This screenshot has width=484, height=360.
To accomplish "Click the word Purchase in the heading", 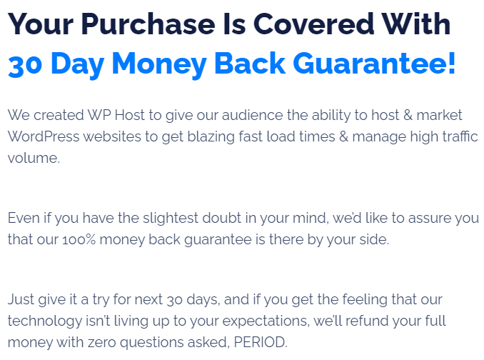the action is pyautogui.click(x=148, y=24).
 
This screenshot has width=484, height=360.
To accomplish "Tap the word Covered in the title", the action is pyautogui.click(x=314, y=24).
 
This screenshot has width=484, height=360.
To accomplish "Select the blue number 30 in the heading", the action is pyautogui.click(x=25, y=65).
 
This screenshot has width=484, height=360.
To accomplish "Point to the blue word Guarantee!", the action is pyautogui.click(x=374, y=64).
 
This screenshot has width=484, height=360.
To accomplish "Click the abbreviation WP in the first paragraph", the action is pyautogui.click(x=99, y=115).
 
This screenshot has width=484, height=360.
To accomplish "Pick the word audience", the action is pyautogui.click(x=252, y=115).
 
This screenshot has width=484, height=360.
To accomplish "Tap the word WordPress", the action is pyautogui.click(x=44, y=136).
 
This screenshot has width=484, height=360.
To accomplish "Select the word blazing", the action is pyautogui.click(x=211, y=137).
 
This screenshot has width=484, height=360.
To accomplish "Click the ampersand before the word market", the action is pyautogui.click(x=408, y=115).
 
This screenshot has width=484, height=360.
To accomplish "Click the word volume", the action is pyautogui.click(x=34, y=158).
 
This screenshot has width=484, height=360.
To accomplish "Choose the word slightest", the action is pyautogui.click(x=170, y=219).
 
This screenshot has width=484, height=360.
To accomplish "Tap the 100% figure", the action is pyautogui.click(x=79, y=240).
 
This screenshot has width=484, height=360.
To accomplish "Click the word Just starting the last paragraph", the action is pyautogui.click(x=21, y=299).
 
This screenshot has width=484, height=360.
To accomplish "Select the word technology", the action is pyautogui.click(x=45, y=321).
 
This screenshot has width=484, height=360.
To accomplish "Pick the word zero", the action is pyautogui.click(x=102, y=342).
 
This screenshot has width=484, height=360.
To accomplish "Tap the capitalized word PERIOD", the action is pyautogui.click(x=261, y=342).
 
